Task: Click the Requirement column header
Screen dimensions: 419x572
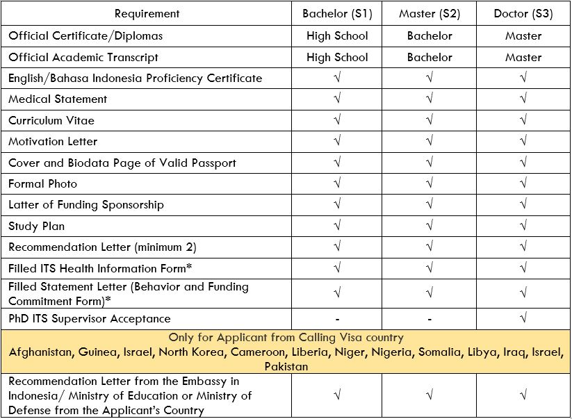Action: pyautogui.click(x=147, y=14)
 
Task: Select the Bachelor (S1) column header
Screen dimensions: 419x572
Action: pyautogui.click(x=337, y=14)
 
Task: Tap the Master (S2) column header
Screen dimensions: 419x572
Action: pyautogui.click(x=430, y=14)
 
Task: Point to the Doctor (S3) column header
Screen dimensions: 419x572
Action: pyautogui.click(x=523, y=14)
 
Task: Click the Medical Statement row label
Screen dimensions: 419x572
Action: pyautogui.click(x=58, y=99)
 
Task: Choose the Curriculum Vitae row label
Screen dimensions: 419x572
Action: pyautogui.click(x=51, y=120)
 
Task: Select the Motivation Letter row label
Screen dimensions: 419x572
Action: pyautogui.click(x=53, y=142)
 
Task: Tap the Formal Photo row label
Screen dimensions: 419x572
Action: pyautogui.click(x=42, y=184)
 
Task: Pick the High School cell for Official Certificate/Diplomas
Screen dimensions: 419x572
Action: pyautogui.click(x=337, y=36)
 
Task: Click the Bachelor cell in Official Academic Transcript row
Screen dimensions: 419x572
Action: pyautogui.click(x=430, y=58)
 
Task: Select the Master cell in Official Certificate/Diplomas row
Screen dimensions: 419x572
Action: pyautogui.click(x=523, y=36)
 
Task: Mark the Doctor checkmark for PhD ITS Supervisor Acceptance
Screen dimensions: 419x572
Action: pyautogui.click(x=523, y=319)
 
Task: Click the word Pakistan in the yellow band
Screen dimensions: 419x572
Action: pyautogui.click(x=286, y=366)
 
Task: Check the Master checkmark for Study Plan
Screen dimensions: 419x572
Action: pyautogui.click(x=430, y=227)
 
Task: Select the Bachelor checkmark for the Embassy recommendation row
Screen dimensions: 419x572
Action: pyautogui.click(x=337, y=395)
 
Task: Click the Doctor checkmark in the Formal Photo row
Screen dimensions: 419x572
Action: pyautogui.click(x=523, y=184)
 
